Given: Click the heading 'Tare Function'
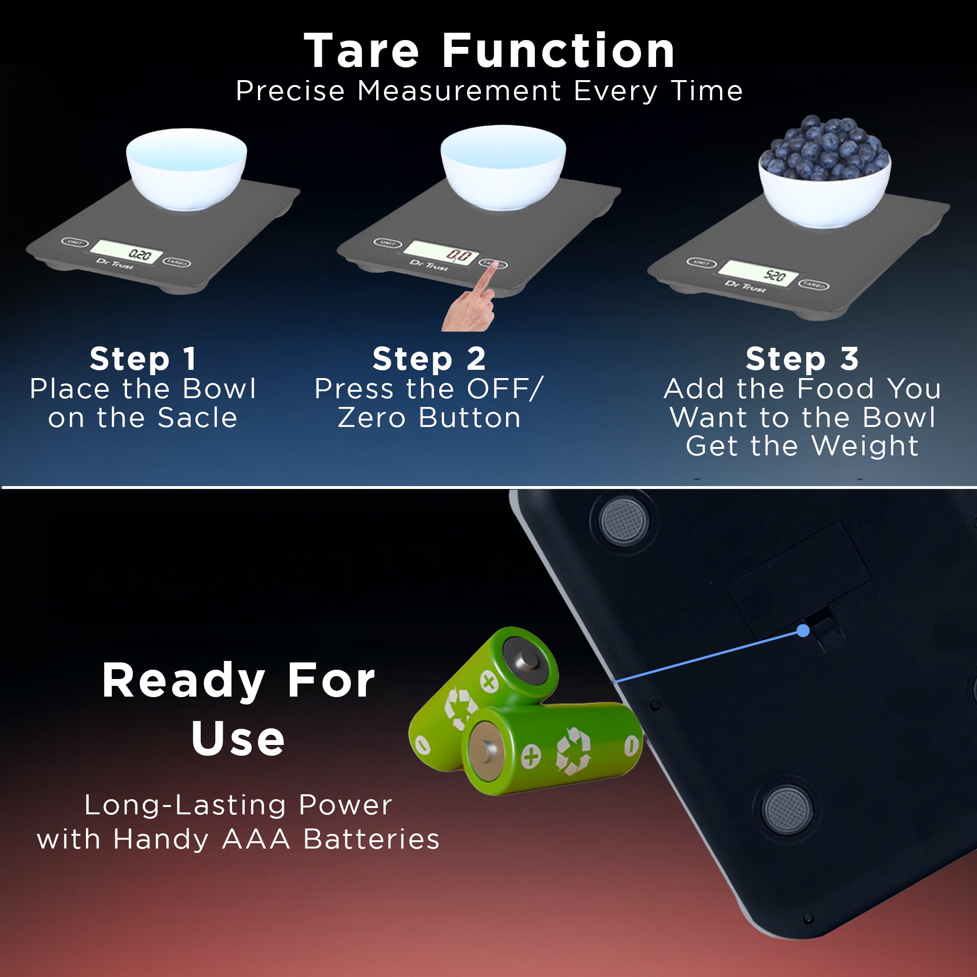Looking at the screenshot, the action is point(489,51).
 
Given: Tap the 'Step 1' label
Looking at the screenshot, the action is point(143,359).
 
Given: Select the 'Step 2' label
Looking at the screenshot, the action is point(429,359).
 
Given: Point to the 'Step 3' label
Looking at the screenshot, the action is point(802,359).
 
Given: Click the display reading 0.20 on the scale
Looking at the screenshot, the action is point(127,251).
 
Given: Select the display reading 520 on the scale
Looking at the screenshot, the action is point(758,274).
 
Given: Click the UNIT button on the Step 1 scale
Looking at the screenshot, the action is point(75,242).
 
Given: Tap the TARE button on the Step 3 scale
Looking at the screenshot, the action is point(814,285).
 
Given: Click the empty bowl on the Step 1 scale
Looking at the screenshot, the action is point(187,169).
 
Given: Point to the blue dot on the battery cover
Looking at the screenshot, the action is point(803,631).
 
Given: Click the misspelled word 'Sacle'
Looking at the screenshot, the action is point(197,418).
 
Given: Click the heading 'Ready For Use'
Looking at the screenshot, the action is point(238,709).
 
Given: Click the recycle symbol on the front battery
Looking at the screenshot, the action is point(573,751).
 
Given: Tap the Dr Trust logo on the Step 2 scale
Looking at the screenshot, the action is point(429,265).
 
